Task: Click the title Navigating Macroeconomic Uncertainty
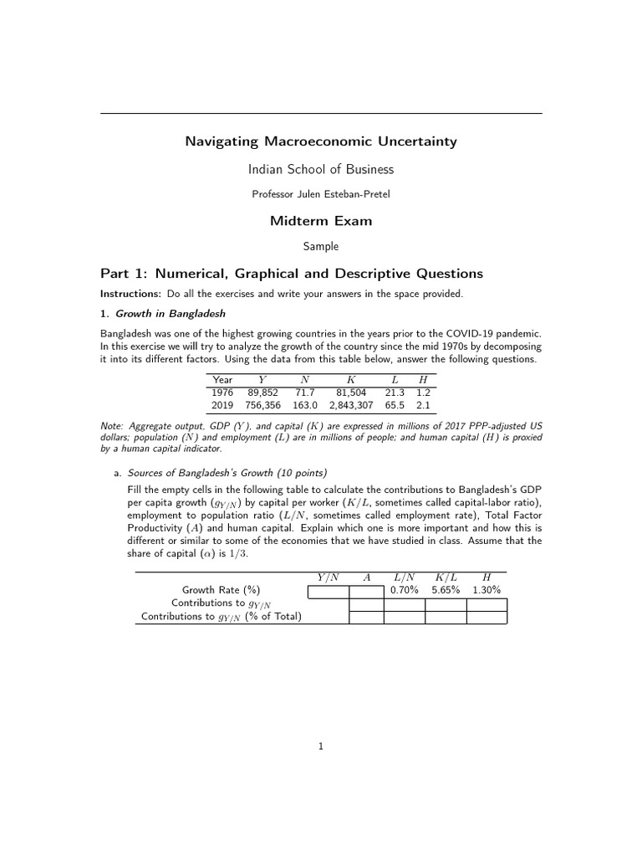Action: [x=321, y=141]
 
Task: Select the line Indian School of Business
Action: [x=321, y=169]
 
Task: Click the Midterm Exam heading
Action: [x=321, y=221]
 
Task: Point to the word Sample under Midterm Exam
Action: [x=321, y=247]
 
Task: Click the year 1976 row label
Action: [x=222, y=392]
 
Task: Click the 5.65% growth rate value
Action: [x=446, y=590]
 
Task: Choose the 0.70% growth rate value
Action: [x=405, y=590]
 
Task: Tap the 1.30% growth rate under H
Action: [x=487, y=590]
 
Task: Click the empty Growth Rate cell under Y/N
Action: [x=329, y=591]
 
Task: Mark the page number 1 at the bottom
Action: [x=321, y=747]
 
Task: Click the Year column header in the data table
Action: [x=222, y=380]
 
